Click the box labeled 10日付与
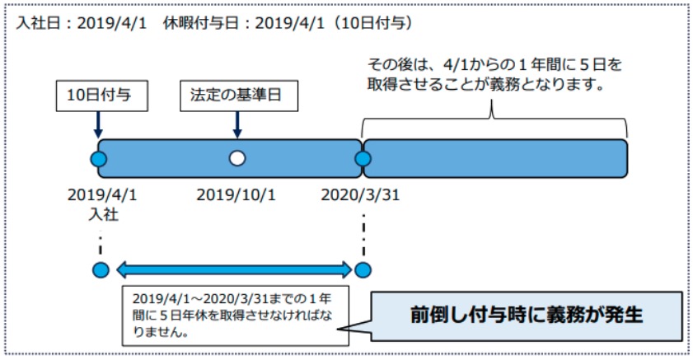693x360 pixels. click(101, 96)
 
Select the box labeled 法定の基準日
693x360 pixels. click(239, 96)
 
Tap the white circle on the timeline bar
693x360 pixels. click(237, 158)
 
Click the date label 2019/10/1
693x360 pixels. click(236, 194)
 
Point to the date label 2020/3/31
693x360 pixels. click(360, 194)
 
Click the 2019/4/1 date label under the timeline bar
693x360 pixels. click(102, 194)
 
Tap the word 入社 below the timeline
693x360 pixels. click(104, 214)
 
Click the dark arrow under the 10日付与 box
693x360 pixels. click(98, 124)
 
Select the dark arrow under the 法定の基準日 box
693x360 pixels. click(237, 124)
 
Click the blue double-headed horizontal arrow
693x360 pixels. click(234, 270)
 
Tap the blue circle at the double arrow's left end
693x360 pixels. click(101, 270)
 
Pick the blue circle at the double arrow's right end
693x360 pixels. click(363, 270)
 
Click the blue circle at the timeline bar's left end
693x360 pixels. click(99, 158)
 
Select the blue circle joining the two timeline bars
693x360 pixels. click(363, 158)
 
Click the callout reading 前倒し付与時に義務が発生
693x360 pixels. click(526, 316)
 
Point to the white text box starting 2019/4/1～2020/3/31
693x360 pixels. click(235, 316)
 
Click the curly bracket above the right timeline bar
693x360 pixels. click(494, 119)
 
